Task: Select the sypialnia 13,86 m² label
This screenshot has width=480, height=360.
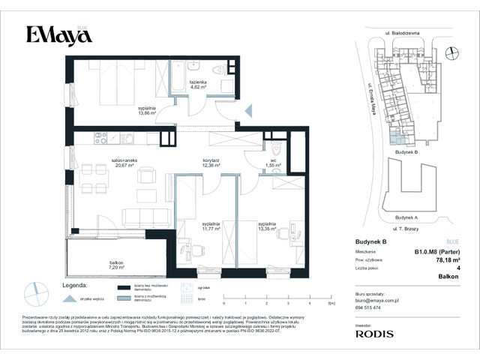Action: point(147,112)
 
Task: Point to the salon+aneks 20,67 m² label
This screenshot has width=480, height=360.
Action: point(121,162)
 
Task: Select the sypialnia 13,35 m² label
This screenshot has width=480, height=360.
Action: point(268,226)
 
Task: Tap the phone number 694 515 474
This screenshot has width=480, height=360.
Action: point(369,307)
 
